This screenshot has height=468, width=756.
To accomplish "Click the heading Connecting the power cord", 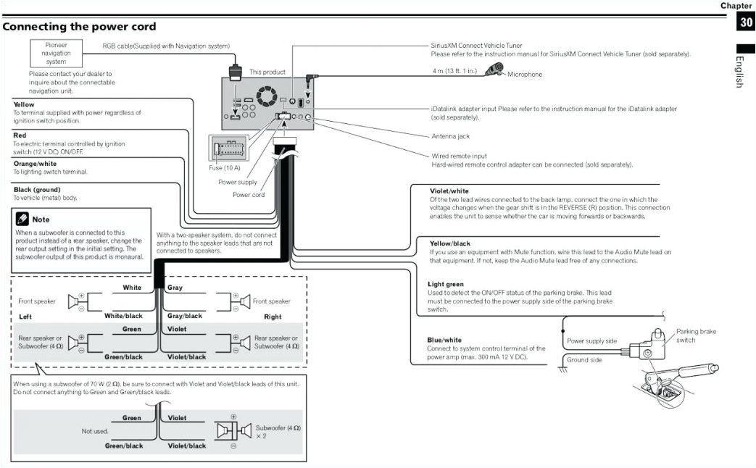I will point(79,27).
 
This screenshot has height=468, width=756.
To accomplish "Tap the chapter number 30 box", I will point(746,22).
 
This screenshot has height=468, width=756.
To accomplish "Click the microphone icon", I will point(496,70).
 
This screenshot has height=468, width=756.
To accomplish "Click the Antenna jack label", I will point(450,136).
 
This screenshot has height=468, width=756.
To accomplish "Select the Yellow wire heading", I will point(24,104).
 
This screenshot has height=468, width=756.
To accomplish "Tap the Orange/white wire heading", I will point(35,164).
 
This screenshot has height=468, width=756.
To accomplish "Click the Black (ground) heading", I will point(36,190).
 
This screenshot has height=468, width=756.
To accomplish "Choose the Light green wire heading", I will point(446,284).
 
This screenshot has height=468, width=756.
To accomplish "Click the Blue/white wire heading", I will point(444,340).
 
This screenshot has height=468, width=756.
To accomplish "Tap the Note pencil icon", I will point(22,218).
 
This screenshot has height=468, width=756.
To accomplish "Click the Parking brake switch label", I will point(696,335).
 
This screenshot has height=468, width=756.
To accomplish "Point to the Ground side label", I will point(584,359).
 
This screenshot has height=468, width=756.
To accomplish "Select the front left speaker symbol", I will point(76,301).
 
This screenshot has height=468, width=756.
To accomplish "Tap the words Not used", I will point(94,431).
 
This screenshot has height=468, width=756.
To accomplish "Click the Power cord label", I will point(249,194).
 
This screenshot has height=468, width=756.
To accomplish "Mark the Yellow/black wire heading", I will point(450,243).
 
